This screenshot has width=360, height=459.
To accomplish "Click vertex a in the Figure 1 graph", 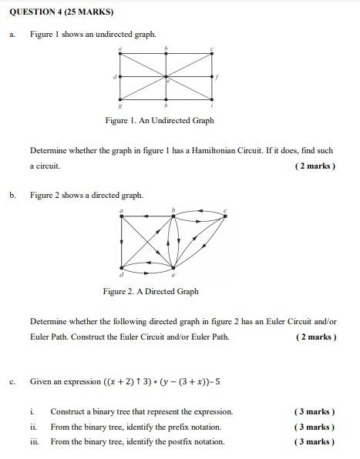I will coord(121,54).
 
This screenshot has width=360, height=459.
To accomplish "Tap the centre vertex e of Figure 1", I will coord(167,77).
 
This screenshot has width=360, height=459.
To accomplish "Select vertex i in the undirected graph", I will coord(212,100).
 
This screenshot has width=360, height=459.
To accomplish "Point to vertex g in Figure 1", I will coord(121,100).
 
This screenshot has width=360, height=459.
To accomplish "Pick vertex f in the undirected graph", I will coord(212,77).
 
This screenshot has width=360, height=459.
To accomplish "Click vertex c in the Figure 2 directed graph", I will coord(225,216).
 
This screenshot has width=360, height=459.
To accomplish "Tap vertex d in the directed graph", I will coord(122,269).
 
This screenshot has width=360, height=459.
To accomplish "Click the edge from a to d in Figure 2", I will coord(122,243).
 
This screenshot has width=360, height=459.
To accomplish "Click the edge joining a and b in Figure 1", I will coord(143,54).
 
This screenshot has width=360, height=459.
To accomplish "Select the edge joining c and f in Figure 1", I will coord(212,65).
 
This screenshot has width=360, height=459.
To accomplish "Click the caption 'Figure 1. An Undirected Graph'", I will coord(160,120).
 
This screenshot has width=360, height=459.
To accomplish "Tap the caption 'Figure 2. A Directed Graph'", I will coord(150,291).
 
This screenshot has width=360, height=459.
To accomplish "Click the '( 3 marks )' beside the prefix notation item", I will coord(315,427).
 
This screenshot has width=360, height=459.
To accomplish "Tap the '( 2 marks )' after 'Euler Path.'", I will coord(315,337).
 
